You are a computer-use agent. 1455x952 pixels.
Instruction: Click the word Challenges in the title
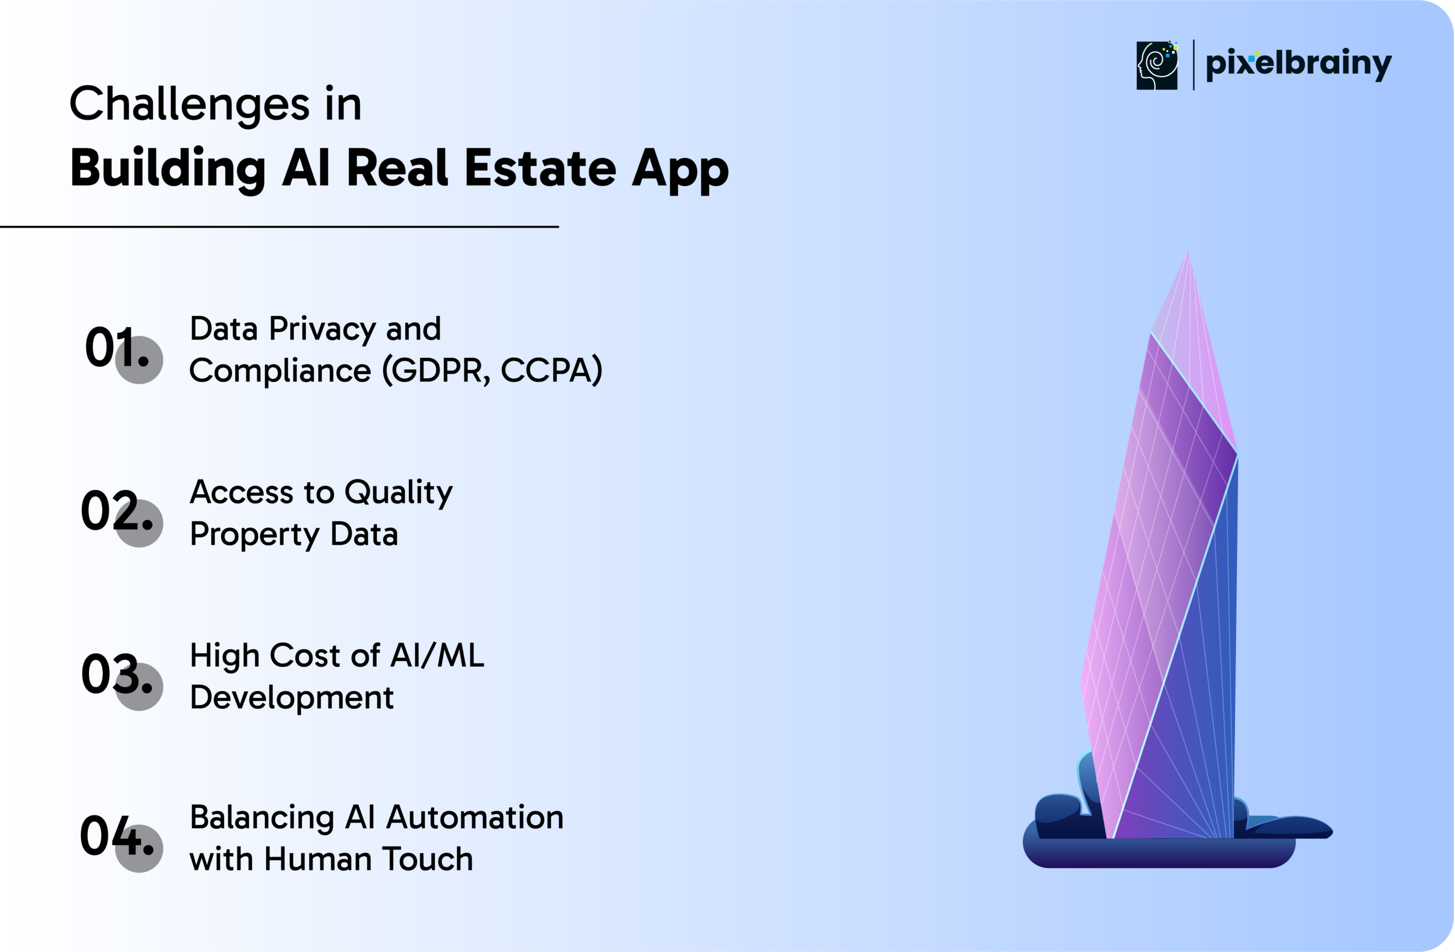pos(189,105)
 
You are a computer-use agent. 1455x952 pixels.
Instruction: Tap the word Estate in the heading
pos(541,168)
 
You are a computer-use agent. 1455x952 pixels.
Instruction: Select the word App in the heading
pos(680,171)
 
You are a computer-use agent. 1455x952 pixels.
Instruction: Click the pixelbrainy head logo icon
pos(1157,65)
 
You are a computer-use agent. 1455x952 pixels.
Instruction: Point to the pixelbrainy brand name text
pos(1299,64)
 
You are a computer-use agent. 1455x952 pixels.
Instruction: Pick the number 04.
pos(117,836)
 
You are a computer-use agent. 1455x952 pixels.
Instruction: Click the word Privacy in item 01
pos(322,331)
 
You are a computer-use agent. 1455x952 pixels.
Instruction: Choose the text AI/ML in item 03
pos(436,655)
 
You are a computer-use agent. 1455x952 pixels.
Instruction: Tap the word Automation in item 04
pos(475,817)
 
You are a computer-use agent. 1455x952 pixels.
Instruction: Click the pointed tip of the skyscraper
pos(1188,251)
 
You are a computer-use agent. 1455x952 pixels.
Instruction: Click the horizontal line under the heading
pos(280,227)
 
